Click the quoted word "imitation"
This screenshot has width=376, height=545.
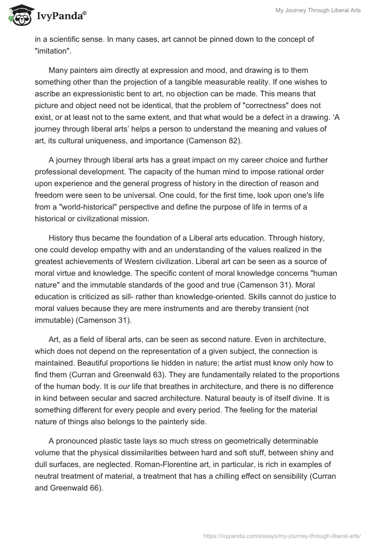tap(53, 50)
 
